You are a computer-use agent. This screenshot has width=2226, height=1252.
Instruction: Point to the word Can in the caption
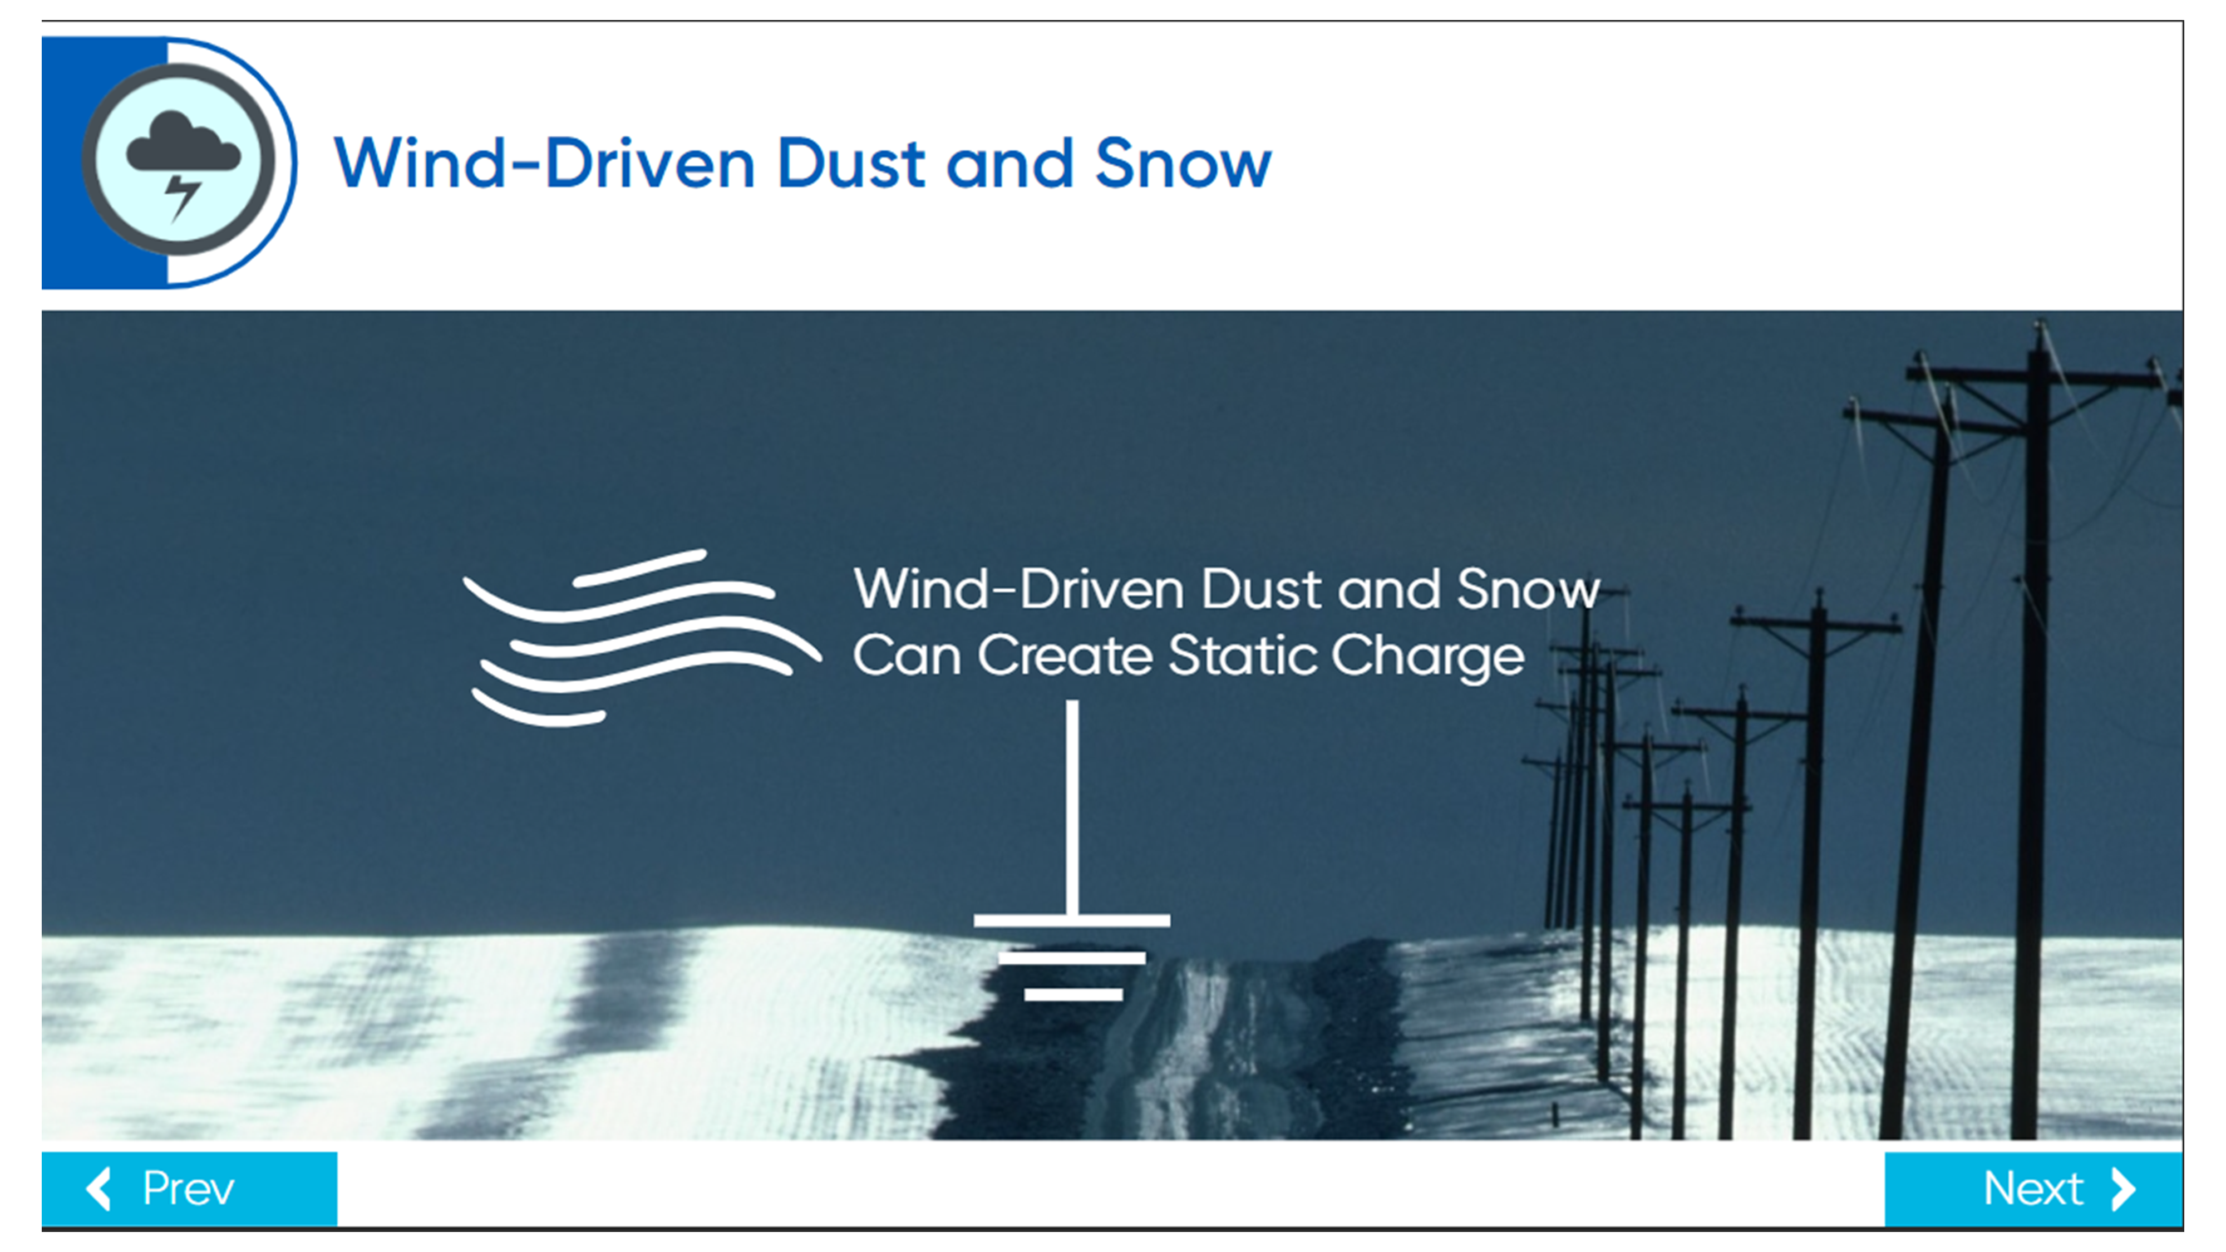(x=907, y=656)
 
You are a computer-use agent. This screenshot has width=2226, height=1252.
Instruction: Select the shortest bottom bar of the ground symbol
(x=1073, y=994)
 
